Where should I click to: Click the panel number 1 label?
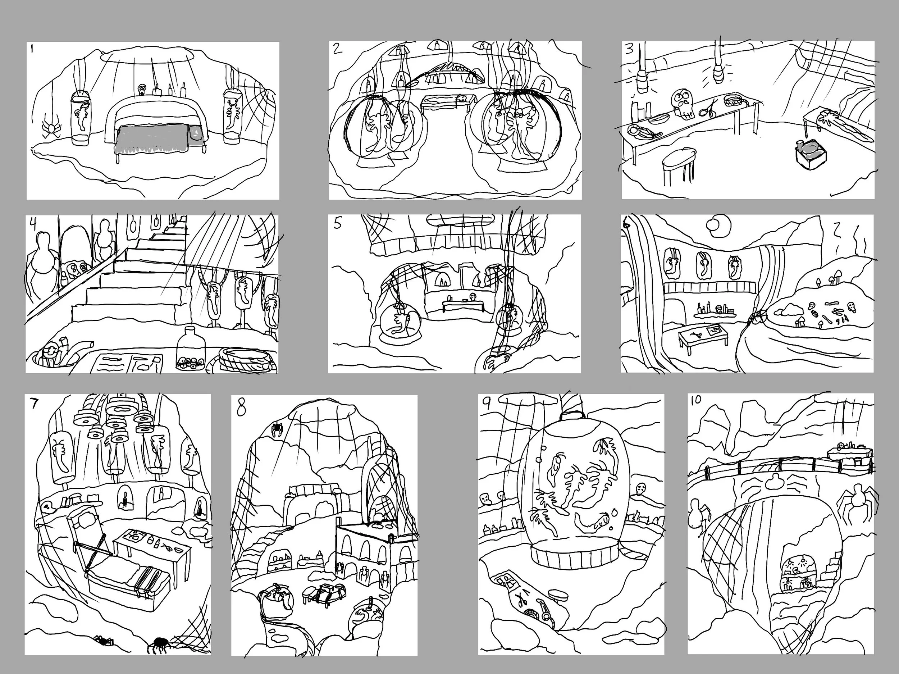(x=32, y=50)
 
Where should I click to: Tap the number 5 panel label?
(x=338, y=224)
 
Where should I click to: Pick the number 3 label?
(x=630, y=49)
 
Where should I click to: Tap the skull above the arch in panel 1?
(x=142, y=88)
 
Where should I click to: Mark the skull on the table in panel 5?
(x=473, y=297)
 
